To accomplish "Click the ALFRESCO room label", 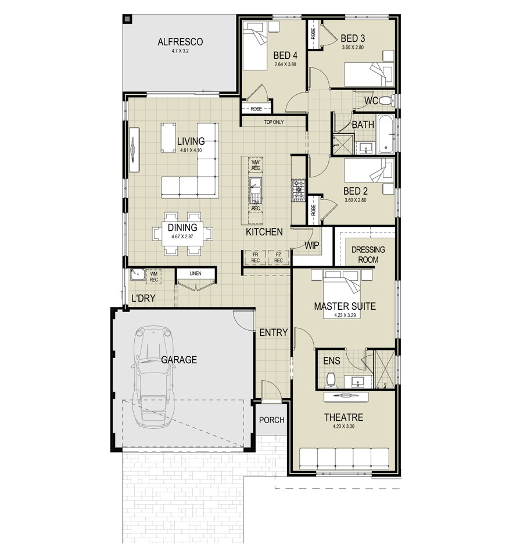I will click(180, 42).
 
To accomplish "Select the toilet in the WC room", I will click(390, 100).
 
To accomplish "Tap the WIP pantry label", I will click(312, 245).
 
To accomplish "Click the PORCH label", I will click(271, 420).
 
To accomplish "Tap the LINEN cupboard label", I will click(195, 273).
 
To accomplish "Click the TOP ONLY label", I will click(274, 122).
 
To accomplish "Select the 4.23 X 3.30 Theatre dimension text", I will click(344, 427).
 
